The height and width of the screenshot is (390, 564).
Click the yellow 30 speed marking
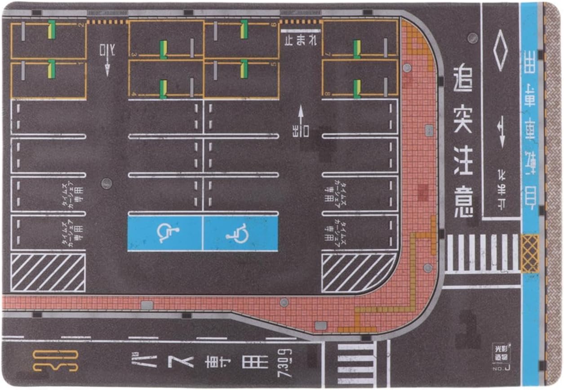(x=56, y=361)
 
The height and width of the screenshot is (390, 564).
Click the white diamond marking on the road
(x=500, y=50)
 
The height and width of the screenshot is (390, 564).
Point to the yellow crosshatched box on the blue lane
(x=530, y=253)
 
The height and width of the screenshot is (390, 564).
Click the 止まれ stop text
(x=301, y=41)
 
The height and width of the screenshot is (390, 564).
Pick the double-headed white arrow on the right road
(x=502, y=131)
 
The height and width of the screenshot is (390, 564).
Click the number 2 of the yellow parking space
(x=81, y=25)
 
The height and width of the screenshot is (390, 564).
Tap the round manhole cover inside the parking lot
(x=107, y=183)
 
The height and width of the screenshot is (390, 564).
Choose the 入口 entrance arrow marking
(x=107, y=58)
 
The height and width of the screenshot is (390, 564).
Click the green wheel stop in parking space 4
(x=163, y=89)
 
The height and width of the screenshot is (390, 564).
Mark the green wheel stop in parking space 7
(x=357, y=49)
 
